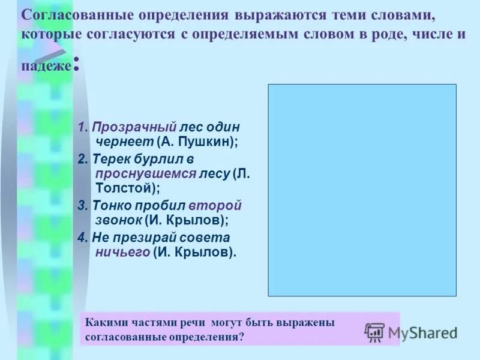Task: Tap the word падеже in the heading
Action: click(x=47, y=65)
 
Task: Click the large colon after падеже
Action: click(x=76, y=64)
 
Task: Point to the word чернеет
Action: click(x=125, y=142)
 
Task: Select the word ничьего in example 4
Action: click(x=122, y=252)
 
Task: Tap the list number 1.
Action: click(x=82, y=127)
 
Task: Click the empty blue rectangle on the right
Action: click(x=362, y=190)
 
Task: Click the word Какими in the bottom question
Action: click(x=106, y=322)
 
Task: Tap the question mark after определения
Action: click(x=241, y=337)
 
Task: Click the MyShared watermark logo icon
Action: click(x=374, y=332)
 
